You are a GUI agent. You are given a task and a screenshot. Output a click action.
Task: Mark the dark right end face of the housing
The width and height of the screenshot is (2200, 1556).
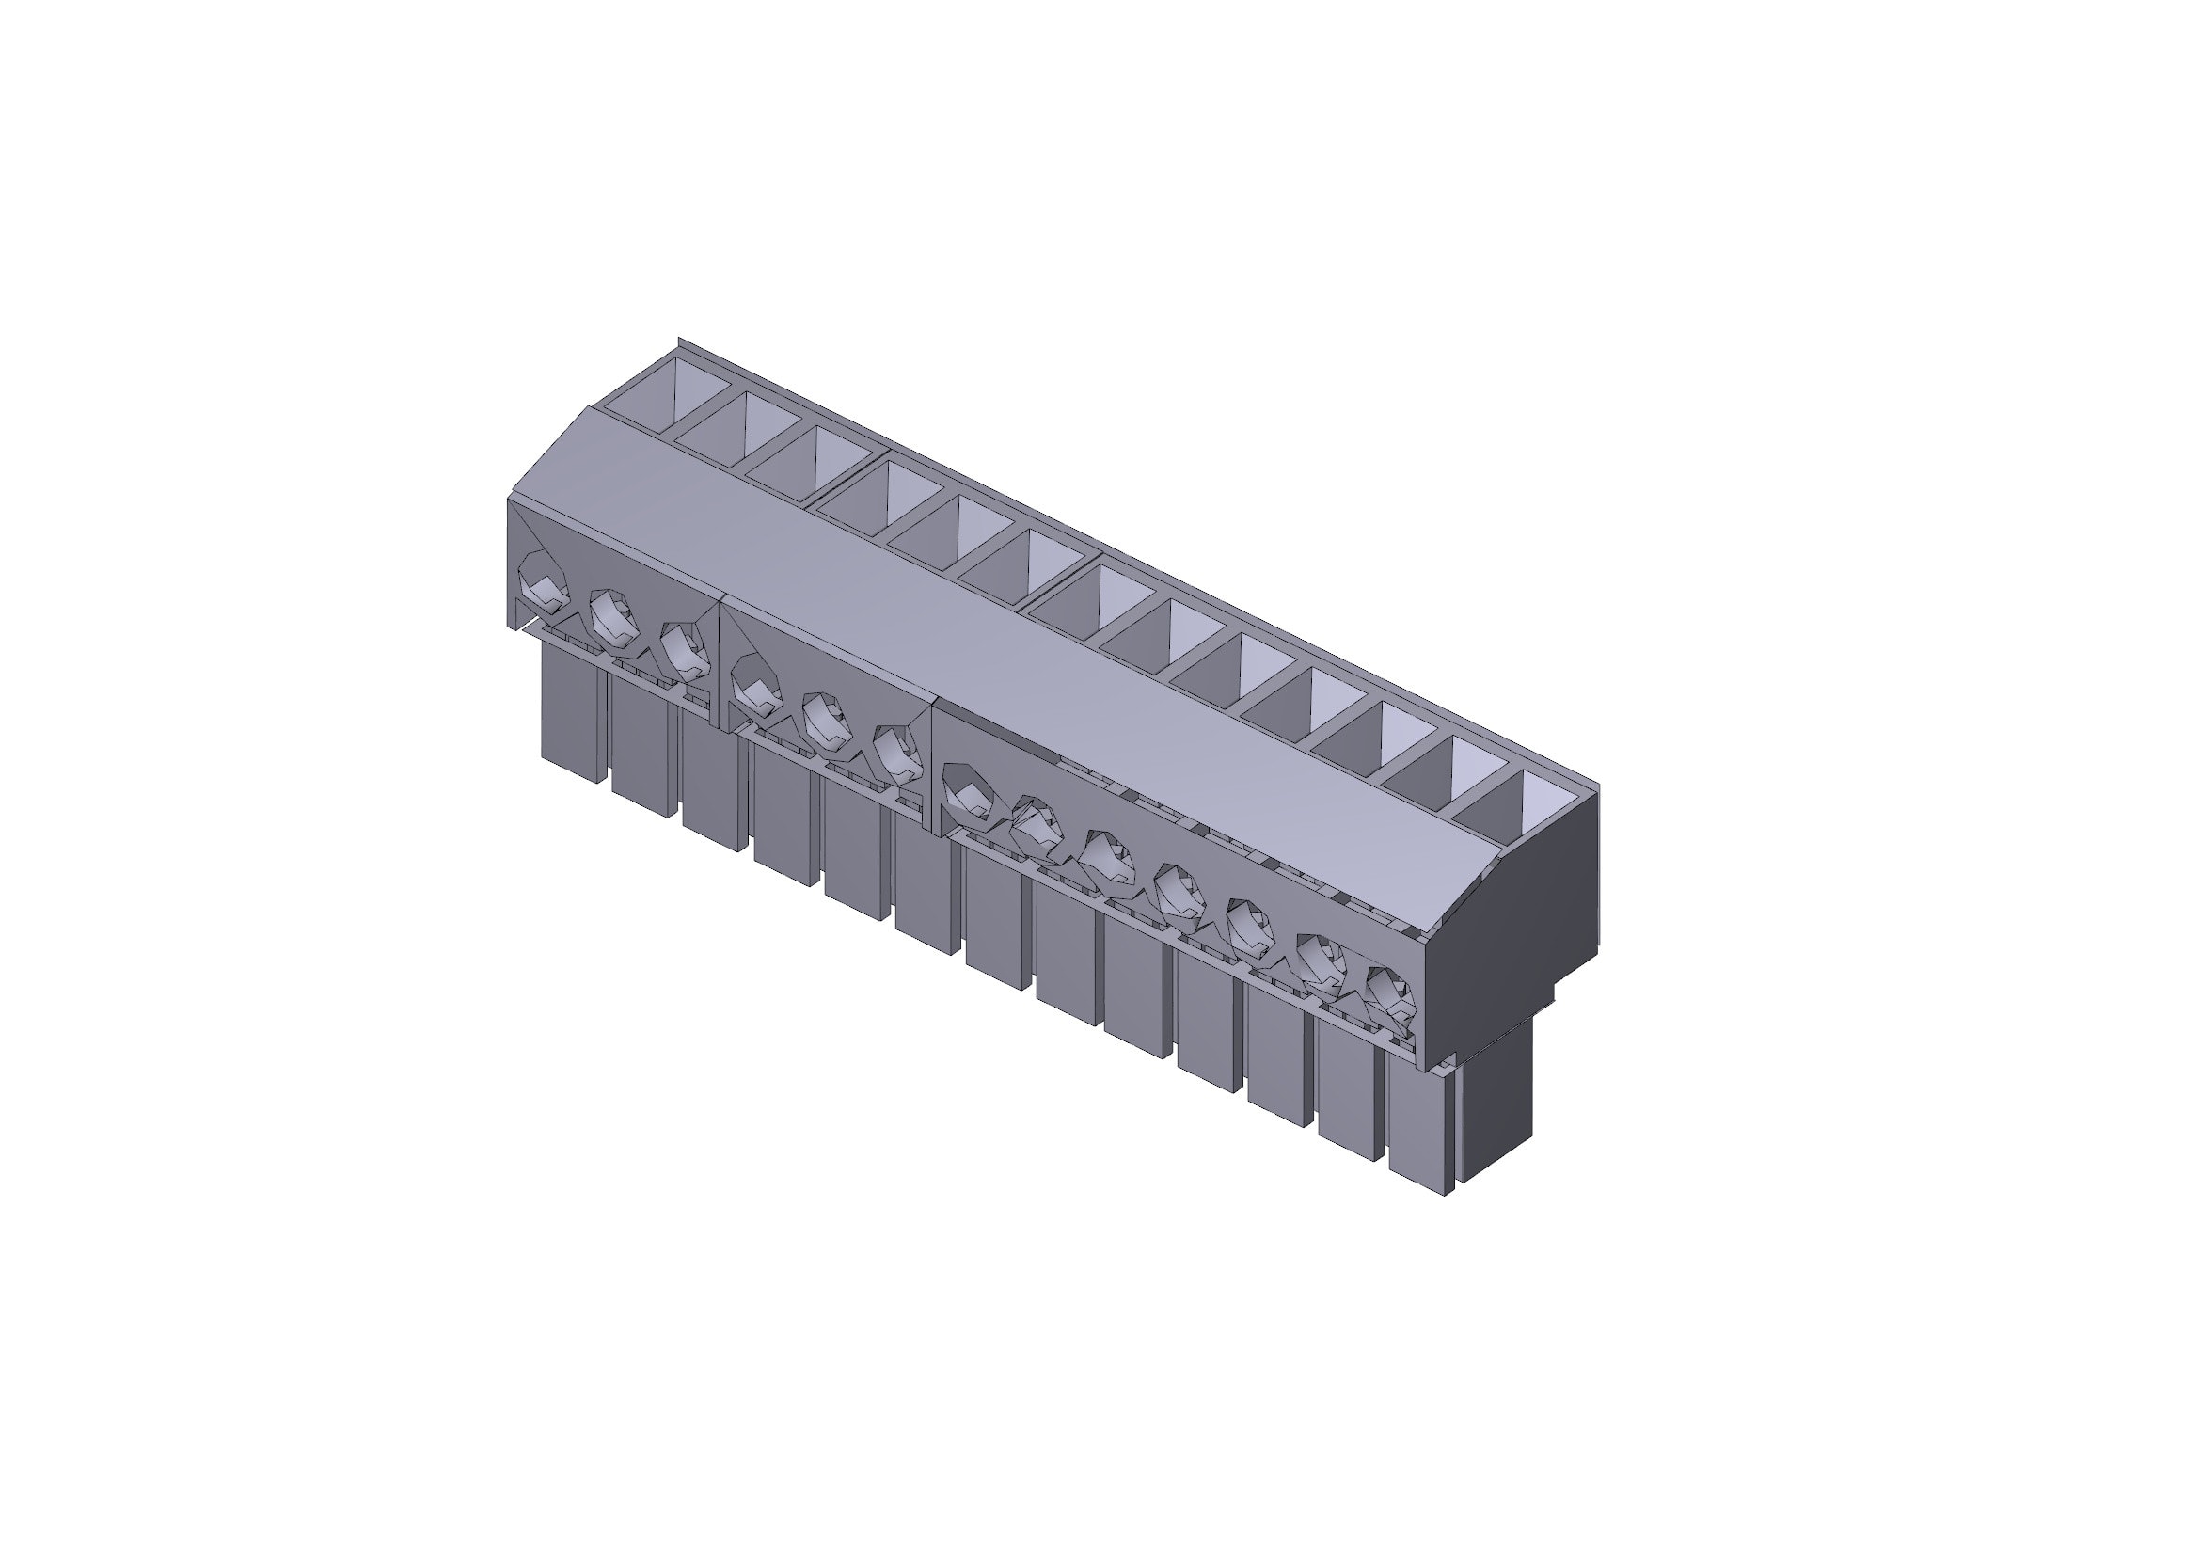click(x=1514, y=920)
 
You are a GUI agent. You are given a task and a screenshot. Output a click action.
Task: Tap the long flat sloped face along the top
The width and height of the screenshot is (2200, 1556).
click(x=1006, y=661)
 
